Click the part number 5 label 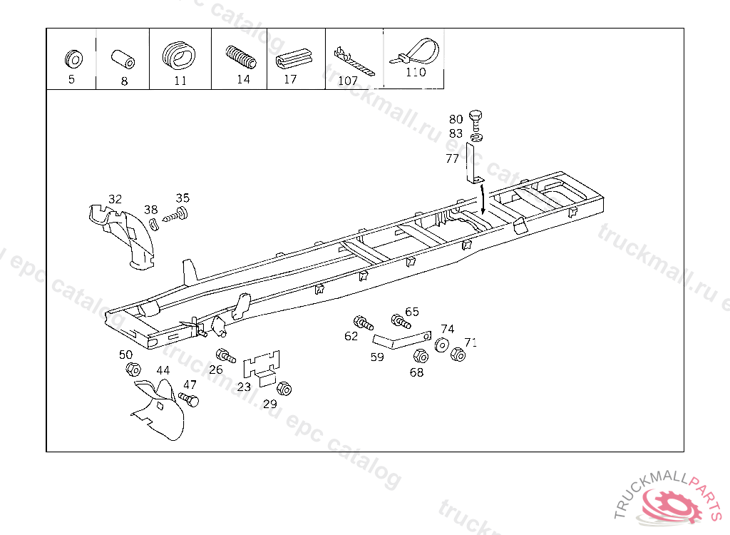coord(71,79)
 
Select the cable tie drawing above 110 coord(415,53)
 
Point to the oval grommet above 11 coord(179,54)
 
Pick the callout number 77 coord(452,158)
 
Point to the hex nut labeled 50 coord(133,370)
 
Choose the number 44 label coord(163,370)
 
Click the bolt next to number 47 coord(190,399)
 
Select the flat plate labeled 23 coord(262,367)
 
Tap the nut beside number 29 coord(284,389)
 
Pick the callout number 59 coord(377,357)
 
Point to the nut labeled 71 coord(458,354)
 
